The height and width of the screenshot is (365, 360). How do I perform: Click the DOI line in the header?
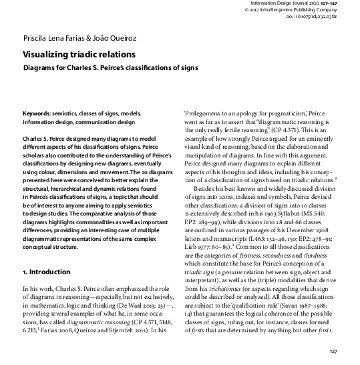click(x=317, y=17)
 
